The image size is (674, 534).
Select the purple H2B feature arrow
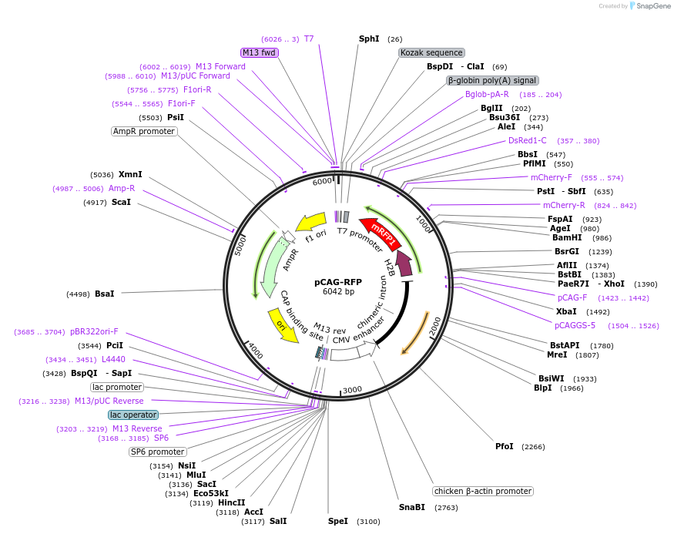[x=404, y=263]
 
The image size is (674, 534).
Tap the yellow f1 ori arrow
[x=310, y=222]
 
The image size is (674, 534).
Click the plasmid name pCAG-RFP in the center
[x=338, y=282]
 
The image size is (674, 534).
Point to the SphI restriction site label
[x=369, y=39]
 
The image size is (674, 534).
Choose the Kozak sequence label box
[x=431, y=52]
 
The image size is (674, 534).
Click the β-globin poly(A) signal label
[x=492, y=80]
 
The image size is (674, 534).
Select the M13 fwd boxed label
[x=259, y=52]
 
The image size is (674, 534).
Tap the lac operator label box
[x=133, y=415]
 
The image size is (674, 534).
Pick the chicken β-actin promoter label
[x=483, y=491]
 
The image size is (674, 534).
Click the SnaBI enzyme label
[x=412, y=507]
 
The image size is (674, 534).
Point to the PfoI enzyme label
[x=505, y=446]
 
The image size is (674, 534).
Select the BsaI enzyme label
[x=105, y=294]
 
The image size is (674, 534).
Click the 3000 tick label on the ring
[x=353, y=390]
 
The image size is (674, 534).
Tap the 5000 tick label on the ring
[x=240, y=246]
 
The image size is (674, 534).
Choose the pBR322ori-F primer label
[x=94, y=331]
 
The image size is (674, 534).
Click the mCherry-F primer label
[x=552, y=177]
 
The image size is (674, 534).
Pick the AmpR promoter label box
[x=144, y=131]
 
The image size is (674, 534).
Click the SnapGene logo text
[x=653, y=6]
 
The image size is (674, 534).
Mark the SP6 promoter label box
[x=158, y=452]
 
